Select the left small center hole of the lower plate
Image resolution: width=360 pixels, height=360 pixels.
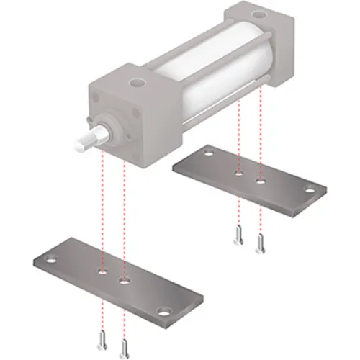pos(102,272)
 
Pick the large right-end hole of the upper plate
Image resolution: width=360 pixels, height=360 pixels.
pos(310,190)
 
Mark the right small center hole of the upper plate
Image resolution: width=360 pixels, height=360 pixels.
pos(261,182)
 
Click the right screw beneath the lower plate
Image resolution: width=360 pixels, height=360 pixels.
pos(125,346)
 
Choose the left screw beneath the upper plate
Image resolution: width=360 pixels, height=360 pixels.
pos(238,235)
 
